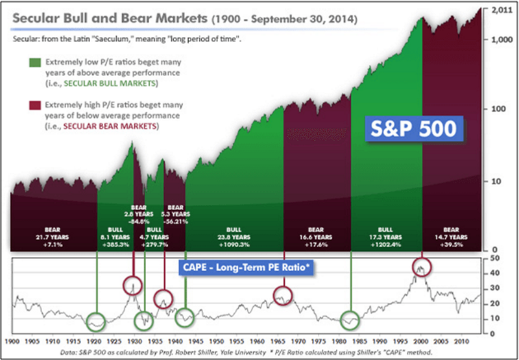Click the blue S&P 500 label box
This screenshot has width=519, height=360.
413,128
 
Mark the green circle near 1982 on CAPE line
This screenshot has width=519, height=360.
350,320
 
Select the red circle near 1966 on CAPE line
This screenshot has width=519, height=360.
284,295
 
